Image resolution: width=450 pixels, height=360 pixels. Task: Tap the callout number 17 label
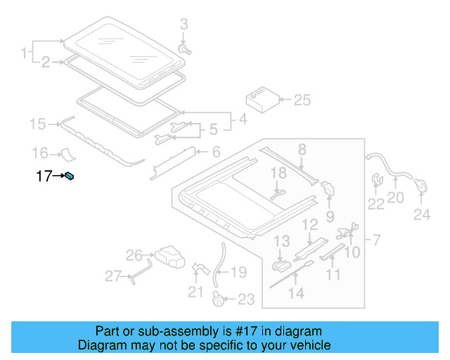pyautogui.click(x=44, y=176)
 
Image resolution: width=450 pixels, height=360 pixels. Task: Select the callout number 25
pyautogui.click(x=302, y=100)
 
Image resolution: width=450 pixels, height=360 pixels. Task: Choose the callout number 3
pyautogui.click(x=184, y=25)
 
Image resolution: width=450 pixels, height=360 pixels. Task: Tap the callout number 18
pyautogui.click(x=278, y=172)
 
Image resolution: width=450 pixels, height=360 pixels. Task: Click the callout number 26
pyautogui.click(x=134, y=255)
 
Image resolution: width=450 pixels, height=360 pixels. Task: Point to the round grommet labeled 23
pyautogui.click(x=219, y=300)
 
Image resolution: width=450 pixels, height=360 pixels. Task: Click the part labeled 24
pyautogui.click(x=421, y=185)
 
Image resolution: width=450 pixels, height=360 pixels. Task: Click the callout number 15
pyautogui.click(x=37, y=124)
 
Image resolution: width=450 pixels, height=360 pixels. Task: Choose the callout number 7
pyautogui.click(x=375, y=241)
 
